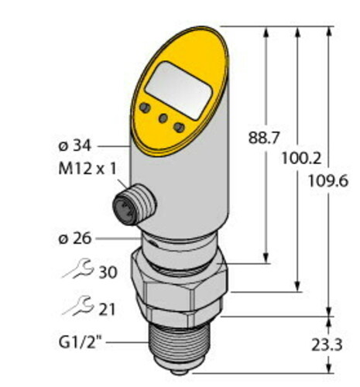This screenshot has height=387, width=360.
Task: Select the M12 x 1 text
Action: coord(86,170)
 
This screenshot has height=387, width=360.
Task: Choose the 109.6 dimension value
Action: coord(328,181)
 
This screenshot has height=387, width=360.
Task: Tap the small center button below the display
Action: coord(163,118)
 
